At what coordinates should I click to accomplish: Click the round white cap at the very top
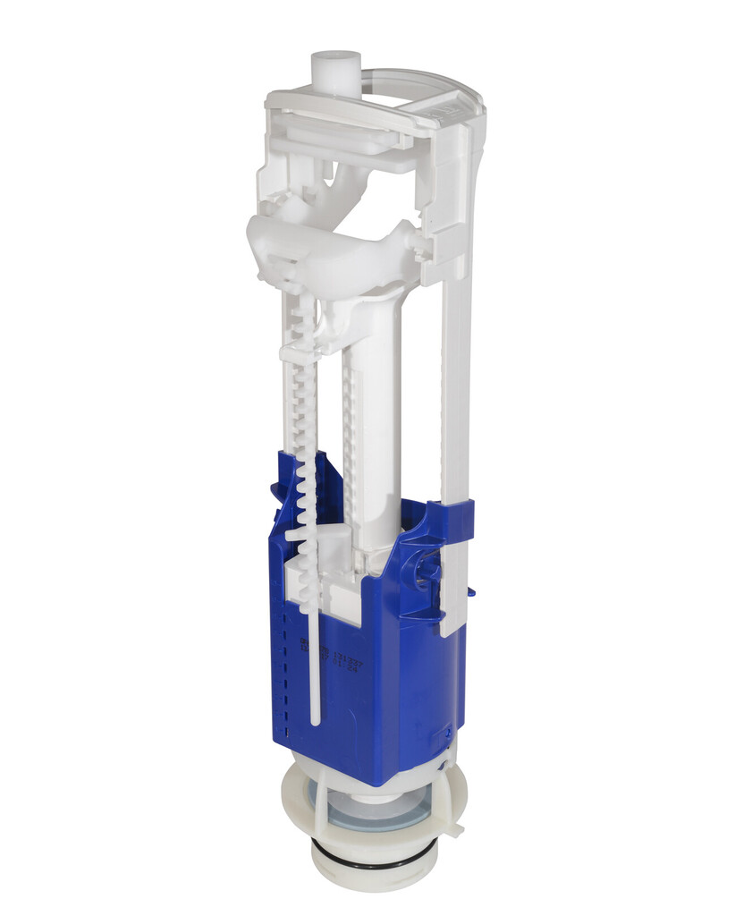pos(334,67)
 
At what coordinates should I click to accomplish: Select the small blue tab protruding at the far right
pos(470,589)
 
